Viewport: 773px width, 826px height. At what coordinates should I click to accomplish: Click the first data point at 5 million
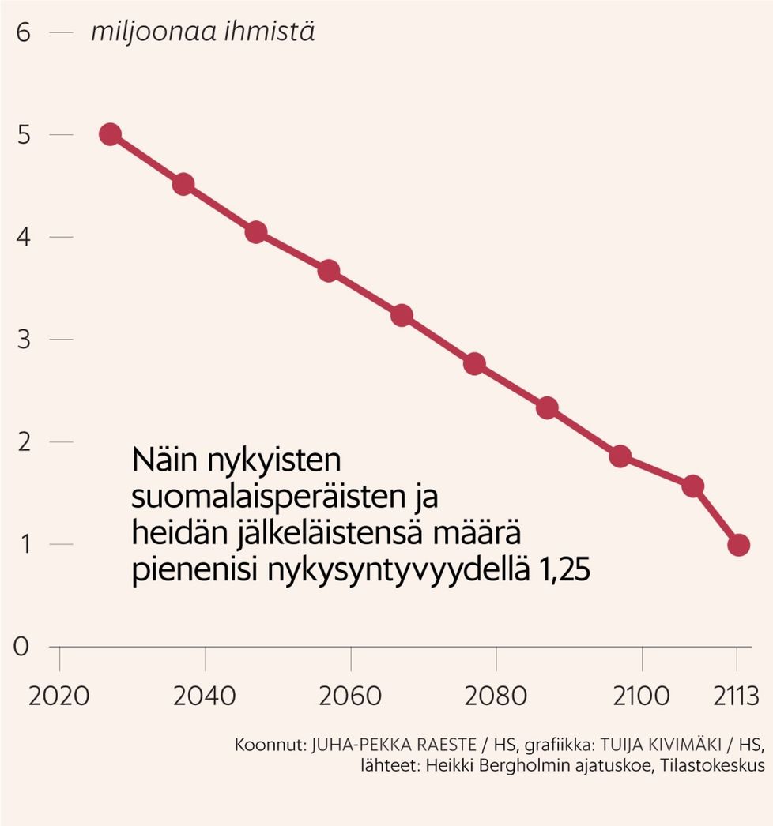[111, 134]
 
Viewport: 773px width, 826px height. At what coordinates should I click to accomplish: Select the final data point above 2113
[739, 545]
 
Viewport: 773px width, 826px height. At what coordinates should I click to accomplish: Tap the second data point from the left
[183, 185]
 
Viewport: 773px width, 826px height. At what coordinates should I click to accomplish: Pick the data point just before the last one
[693, 486]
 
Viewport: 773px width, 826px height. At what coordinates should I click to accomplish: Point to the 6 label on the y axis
[22, 33]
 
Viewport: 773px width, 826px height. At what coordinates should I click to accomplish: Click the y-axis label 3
[22, 340]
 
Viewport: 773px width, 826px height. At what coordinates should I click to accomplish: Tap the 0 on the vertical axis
[22, 647]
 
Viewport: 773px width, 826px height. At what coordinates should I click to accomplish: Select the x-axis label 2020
[59, 696]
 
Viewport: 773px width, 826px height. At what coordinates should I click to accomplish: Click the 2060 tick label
[350, 696]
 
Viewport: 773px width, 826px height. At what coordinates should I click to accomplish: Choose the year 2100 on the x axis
[641, 696]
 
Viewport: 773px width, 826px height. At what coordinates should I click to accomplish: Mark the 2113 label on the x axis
[734, 696]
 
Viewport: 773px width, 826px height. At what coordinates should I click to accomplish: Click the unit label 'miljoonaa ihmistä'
[202, 33]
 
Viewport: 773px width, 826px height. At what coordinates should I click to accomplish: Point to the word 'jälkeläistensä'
[333, 535]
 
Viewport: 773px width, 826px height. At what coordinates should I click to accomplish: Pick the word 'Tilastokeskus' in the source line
[708, 767]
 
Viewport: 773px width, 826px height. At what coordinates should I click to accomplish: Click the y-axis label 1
[22, 545]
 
